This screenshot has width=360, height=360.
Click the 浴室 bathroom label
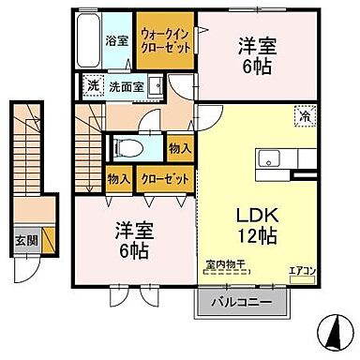point(115,42)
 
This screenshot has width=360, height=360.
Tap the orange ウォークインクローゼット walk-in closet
point(165,40)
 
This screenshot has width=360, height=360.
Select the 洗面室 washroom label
point(126,85)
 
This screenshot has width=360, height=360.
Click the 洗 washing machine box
point(92,85)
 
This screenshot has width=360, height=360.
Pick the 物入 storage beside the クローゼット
point(118,177)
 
